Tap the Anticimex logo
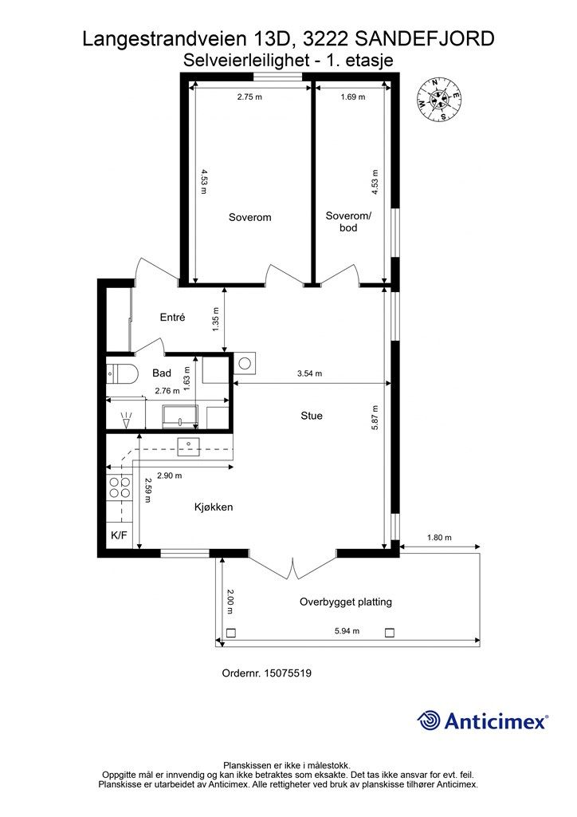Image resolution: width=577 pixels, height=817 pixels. pyautogui.click(x=483, y=720)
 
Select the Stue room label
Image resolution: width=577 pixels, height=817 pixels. pyautogui.click(x=311, y=416)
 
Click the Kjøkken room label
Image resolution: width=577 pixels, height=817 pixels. pyautogui.click(x=214, y=507)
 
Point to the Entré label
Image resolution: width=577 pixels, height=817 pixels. pyautogui.click(x=172, y=317)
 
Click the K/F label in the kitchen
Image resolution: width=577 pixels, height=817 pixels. pyautogui.click(x=120, y=535)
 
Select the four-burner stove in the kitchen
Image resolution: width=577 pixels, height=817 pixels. pyautogui.click(x=120, y=487)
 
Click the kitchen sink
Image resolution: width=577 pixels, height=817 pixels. pyautogui.click(x=188, y=447)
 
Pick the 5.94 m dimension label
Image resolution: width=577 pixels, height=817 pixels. pyautogui.click(x=347, y=631)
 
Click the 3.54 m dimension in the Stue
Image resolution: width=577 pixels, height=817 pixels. pyautogui.click(x=309, y=373)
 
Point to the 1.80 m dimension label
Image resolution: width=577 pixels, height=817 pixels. pyautogui.click(x=439, y=537)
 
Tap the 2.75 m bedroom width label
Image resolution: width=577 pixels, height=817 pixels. pyautogui.click(x=249, y=97)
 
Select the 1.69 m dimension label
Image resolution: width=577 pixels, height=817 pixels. pyautogui.click(x=353, y=97)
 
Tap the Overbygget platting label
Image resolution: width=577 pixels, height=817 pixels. pyautogui.click(x=345, y=602)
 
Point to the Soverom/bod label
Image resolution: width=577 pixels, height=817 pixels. pyautogui.click(x=348, y=222)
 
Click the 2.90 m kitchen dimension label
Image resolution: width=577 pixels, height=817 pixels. pyautogui.click(x=170, y=476)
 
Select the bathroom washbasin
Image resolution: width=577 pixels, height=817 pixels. pyautogui.click(x=180, y=416)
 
